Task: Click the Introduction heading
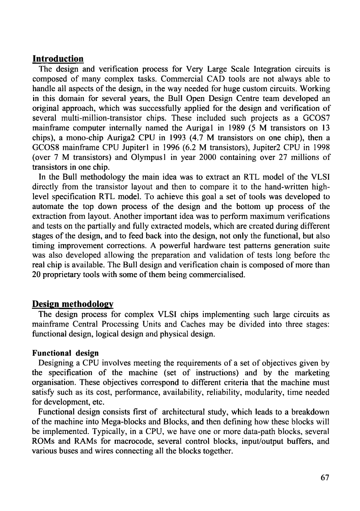coord(58,59)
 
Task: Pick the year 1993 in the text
coord(180,137)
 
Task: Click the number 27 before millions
coord(276,157)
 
